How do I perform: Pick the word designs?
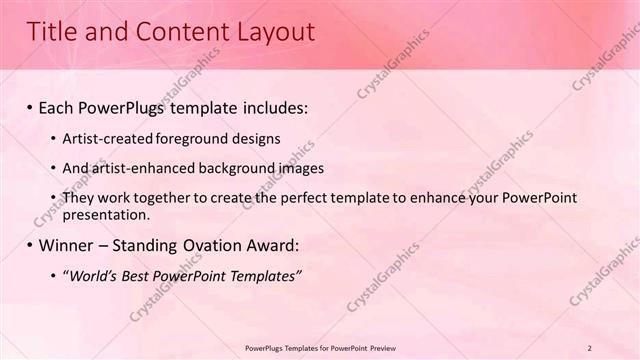pyautogui.click(x=257, y=138)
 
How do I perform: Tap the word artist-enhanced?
pyautogui.click(x=141, y=168)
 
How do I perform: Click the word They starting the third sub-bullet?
pyautogui.click(x=80, y=198)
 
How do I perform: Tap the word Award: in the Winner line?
pyautogui.click(x=270, y=245)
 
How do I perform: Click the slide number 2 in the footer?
pyautogui.click(x=618, y=348)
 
